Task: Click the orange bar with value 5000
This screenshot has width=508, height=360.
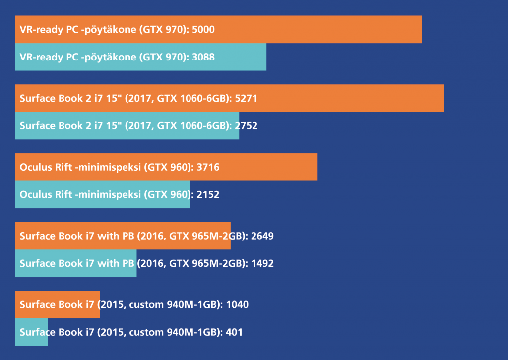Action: [218, 29]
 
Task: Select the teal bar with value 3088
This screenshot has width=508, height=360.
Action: [140, 57]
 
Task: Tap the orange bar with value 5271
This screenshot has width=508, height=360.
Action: [229, 98]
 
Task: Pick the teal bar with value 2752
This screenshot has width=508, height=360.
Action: [127, 126]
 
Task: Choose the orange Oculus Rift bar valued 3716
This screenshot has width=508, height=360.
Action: [166, 167]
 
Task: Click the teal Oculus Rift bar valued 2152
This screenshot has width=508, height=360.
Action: [102, 194]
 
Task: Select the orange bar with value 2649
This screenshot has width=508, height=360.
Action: [123, 236]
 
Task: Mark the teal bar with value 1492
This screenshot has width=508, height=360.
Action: [75, 263]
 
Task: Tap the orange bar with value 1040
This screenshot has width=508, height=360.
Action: [57, 304]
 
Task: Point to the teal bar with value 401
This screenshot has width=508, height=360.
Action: [31, 332]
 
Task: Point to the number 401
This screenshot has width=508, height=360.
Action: [234, 332]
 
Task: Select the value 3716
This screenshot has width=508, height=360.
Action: [208, 167]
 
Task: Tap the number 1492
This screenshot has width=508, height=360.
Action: [262, 263]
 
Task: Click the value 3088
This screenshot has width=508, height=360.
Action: [203, 57]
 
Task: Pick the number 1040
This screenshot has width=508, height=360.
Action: [237, 304]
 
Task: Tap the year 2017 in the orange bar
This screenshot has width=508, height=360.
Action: [140, 98]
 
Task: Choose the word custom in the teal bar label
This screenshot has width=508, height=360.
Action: [144, 332]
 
